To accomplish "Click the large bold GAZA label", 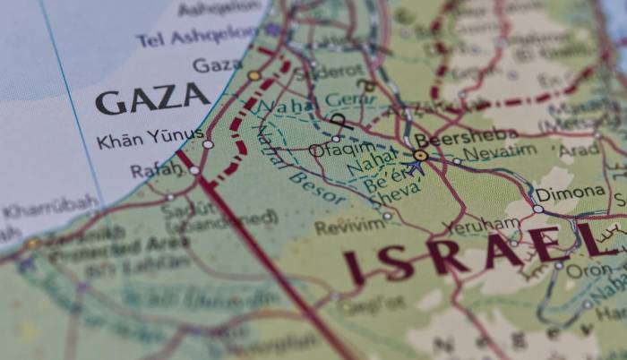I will (x=152, y=99).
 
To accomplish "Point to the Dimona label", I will (x=571, y=193).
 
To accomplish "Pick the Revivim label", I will (x=349, y=227).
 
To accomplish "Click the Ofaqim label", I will (x=343, y=149).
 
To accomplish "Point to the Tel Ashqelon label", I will (x=198, y=38).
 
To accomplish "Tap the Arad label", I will (x=579, y=150).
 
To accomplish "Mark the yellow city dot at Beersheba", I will (x=420, y=156).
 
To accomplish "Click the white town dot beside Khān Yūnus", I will (x=208, y=143).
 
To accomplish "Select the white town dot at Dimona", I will (x=538, y=209).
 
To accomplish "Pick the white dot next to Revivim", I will (x=387, y=216).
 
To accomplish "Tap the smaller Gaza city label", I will (x=217, y=65).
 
